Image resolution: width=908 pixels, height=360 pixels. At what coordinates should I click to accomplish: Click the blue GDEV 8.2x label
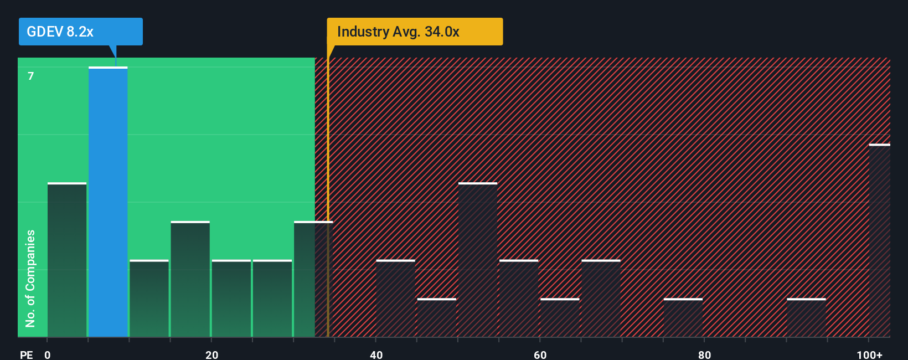(x=80, y=32)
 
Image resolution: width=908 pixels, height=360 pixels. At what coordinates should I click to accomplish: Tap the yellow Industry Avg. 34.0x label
(x=414, y=32)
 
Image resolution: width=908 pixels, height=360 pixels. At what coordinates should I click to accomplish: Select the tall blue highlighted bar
(x=108, y=202)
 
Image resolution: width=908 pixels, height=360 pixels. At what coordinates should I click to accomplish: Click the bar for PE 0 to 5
(x=67, y=260)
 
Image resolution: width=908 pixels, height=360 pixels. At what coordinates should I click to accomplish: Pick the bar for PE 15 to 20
(x=190, y=280)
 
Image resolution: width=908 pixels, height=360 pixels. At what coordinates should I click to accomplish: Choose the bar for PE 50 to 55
(x=478, y=260)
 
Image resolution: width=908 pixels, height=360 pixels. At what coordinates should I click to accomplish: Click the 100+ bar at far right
(x=879, y=241)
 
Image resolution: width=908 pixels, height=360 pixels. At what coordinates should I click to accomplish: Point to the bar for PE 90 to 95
(x=806, y=318)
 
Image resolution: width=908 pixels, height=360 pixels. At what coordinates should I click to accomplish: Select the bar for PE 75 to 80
(x=683, y=318)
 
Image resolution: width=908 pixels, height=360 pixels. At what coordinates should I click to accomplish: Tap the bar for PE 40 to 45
(x=395, y=299)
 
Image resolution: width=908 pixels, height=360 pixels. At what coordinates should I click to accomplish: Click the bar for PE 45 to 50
(x=437, y=318)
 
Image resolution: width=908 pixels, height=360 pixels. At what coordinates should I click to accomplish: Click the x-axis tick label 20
(x=211, y=354)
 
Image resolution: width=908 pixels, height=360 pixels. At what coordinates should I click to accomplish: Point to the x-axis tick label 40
(x=376, y=354)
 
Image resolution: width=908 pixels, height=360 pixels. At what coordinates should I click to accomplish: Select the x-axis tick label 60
(x=540, y=354)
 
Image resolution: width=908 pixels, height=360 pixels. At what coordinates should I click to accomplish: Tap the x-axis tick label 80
(x=704, y=354)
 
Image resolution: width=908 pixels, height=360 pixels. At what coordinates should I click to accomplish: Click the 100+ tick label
(x=869, y=354)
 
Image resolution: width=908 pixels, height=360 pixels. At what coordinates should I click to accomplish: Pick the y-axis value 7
(x=31, y=76)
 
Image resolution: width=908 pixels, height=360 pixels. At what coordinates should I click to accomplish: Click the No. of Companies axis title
(x=30, y=278)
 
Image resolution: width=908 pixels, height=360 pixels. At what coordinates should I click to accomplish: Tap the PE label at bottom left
(x=26, y=354)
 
